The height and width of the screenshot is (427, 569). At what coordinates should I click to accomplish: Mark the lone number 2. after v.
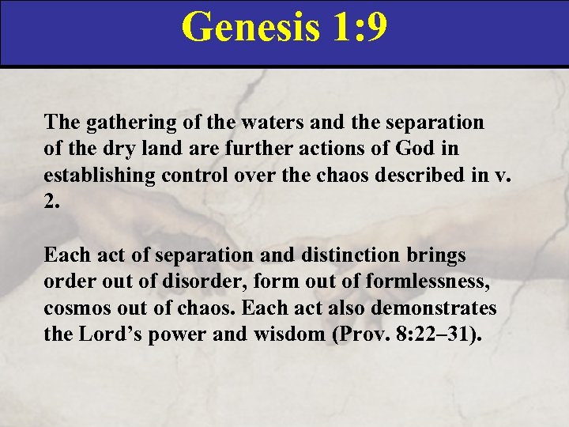click(52, 200)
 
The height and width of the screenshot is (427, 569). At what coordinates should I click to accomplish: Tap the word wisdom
click(279, 334)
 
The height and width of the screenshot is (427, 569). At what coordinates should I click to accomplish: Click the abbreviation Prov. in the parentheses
click(362, 334)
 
